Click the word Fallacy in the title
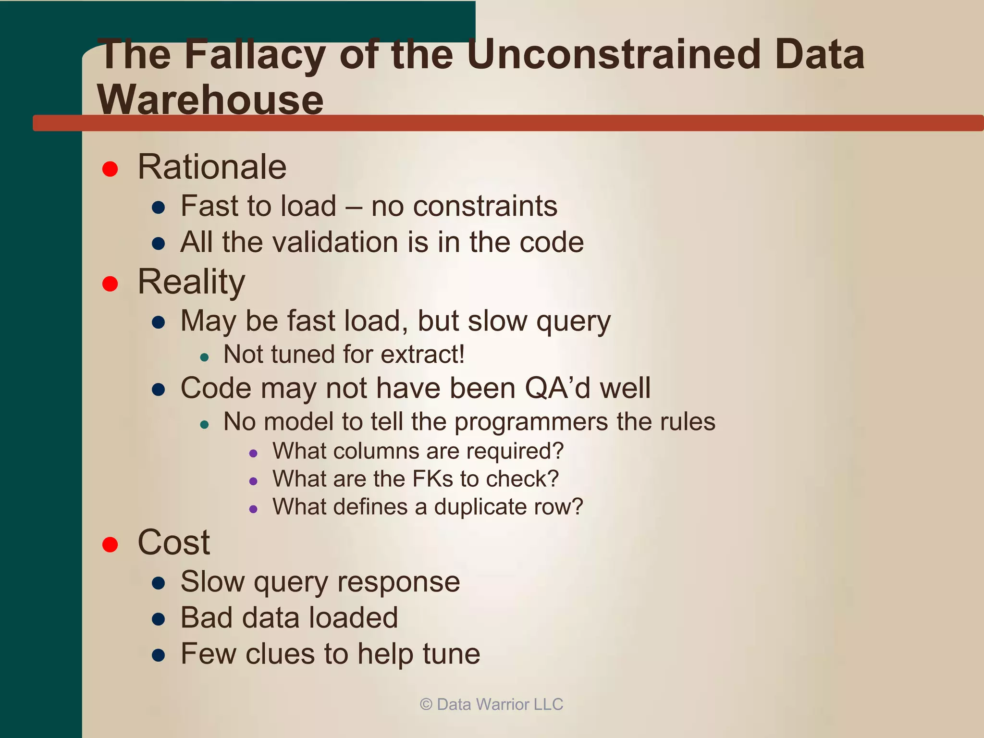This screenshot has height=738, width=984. [x=255, y=55]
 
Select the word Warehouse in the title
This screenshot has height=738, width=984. [x=210, y=100]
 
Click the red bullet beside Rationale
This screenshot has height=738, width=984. [x=110, y=169]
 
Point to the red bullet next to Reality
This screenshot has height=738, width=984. [x=110, y=283]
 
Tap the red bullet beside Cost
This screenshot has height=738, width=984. [x=110, y=544]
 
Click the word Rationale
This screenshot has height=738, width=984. [x=212, y=167]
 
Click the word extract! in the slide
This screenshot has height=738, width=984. [x=422, y=355]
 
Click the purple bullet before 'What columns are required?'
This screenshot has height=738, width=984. [x=254, y=453]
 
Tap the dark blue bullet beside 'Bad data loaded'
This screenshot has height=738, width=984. [x=159, y=619]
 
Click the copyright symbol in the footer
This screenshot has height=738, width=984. [x=426, y=704]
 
